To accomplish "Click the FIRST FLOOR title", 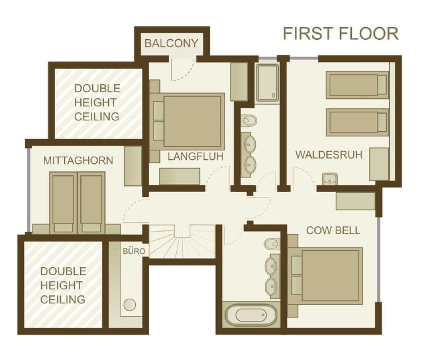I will pyautogui.click(x=341, y=34).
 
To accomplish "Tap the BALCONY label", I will pyautogui.click(x=171, y=44).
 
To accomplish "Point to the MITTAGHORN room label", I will pyautogui.click(x=78, y=161).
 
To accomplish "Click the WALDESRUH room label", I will pyautogui.click(x=329, y=155).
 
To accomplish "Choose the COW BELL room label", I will pyautogui.click(x=333, y=231).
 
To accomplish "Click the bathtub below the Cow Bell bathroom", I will pyautogui.click(x=251, y=315).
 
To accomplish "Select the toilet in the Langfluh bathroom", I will pyautogui.click(x=249, y=121).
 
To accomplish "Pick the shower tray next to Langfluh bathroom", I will pyautogui.click(x=268, y=83).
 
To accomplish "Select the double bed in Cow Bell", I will pyautogui.click(x=326, y=276).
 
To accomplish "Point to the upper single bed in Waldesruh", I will pyautogui.click(x=357, y=85).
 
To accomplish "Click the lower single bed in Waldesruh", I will pyautogui.click(x=357, y=122).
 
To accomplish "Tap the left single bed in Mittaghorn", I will pyautogui.click(x=63, y=202).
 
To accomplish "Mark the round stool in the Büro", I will pyautogui.click(x=130, y=305).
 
